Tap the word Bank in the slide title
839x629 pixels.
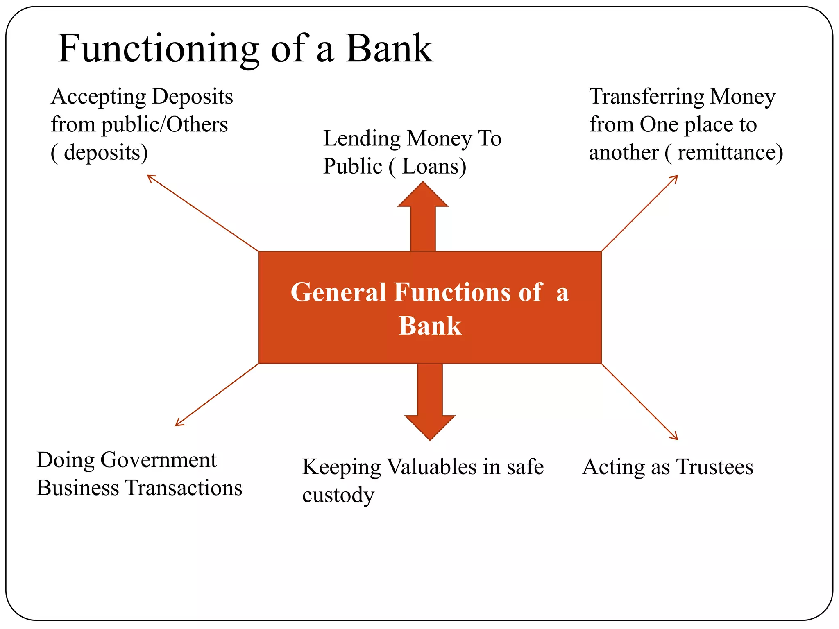pos(389,48)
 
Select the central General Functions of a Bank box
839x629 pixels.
pos(430,308)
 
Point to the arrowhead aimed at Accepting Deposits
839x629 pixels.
pos(150,177)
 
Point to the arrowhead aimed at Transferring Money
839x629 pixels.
pos(675,178)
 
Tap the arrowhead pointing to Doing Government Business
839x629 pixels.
pos(178,423)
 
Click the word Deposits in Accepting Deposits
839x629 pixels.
pos(193,97)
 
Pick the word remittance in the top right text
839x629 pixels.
pos(727,153)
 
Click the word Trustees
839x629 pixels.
pos(714,467)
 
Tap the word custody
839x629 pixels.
pos(338,496)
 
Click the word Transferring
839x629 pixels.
pos(646,97)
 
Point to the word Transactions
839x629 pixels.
pos(184,488)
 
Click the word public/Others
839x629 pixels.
pos(164,125)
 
